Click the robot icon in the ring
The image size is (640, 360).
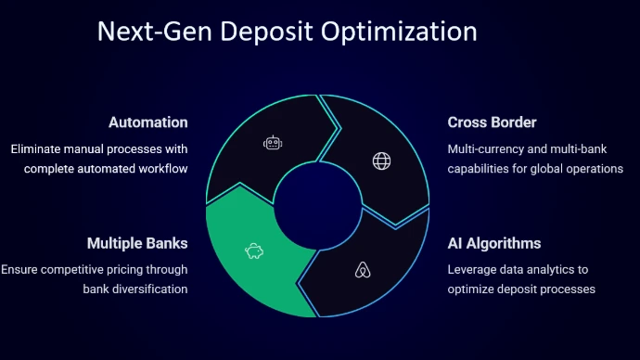tap(273, 143)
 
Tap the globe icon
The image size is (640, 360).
tap(381, 161)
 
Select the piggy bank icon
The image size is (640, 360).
tap(254, 251)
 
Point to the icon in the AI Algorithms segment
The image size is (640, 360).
tap(363, 270)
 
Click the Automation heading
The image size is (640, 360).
tap(148, 122)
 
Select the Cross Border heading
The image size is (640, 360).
tap(492, 122)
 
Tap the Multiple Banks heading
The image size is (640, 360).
tap(137, 243)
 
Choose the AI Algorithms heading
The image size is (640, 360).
tap(493, 244)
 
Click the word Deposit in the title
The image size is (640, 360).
tap(266, 32)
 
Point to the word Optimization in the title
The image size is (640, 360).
tap(399, 32)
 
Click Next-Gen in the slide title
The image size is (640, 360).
tap(155, 32)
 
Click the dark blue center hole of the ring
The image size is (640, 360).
tap(317, 205)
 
